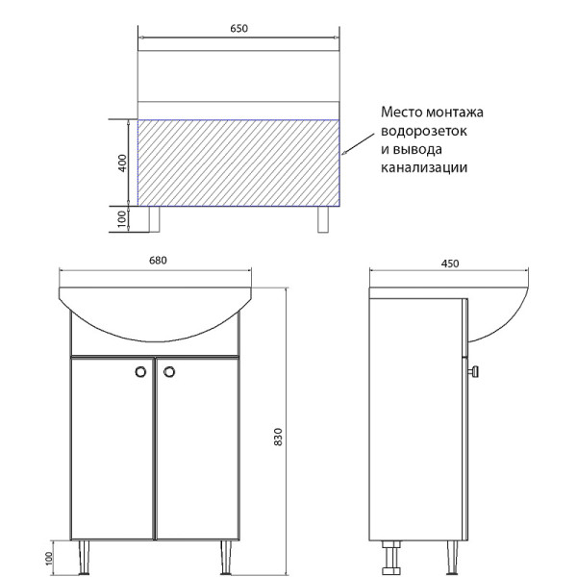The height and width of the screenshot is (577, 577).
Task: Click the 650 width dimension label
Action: click(x=239, y=28)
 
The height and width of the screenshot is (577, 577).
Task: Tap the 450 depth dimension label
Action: click(x=450, y=263)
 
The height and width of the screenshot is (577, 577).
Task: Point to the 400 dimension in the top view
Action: click(x=122, y=163)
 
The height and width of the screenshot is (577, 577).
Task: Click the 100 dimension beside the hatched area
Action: click(x=122, y=219)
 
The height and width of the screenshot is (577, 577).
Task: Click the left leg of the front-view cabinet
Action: click(x=85, y=555)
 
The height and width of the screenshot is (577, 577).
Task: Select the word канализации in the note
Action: click(x=424, y=167)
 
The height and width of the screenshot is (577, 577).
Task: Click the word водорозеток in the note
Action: click(x=424, y=130)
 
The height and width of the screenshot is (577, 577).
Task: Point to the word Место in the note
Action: click(x=402, y=112)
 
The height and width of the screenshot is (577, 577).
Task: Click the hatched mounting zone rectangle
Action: click(x=239, y=163)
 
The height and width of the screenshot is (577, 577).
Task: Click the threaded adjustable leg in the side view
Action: click(x=392, y=557)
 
